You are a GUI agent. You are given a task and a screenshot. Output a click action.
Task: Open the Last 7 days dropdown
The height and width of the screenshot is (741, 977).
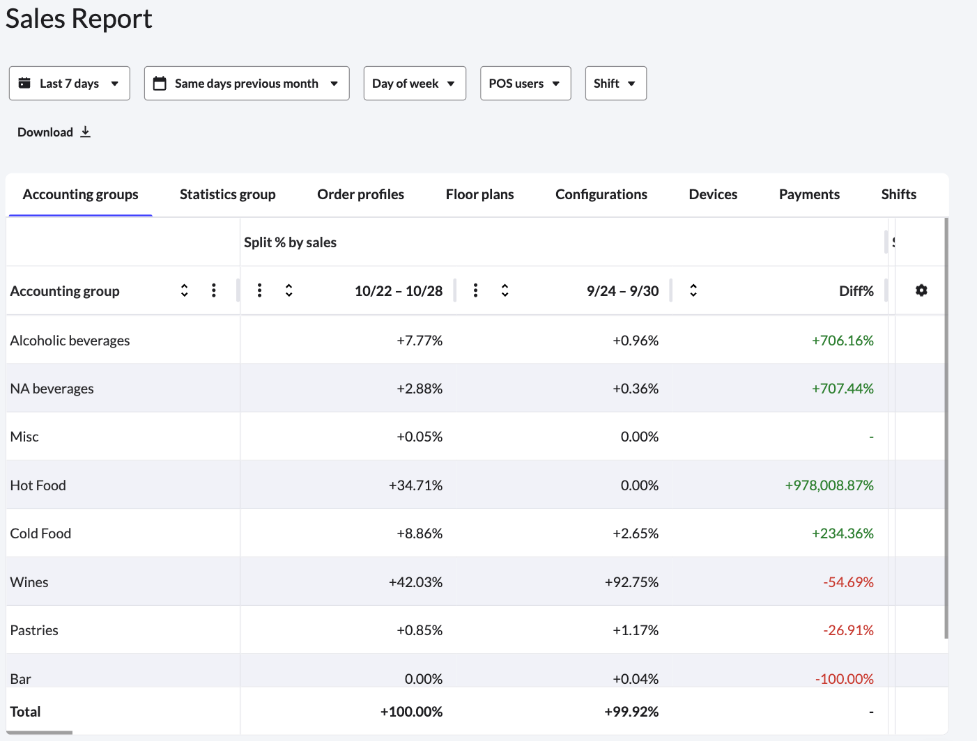point(69,84)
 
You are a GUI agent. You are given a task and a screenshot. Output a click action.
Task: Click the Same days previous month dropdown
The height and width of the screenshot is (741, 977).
point(246,84)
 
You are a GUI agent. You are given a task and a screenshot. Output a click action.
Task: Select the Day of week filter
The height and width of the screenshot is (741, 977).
point(414,84)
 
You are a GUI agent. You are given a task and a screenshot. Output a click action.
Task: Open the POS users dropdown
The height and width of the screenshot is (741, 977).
point(525,84)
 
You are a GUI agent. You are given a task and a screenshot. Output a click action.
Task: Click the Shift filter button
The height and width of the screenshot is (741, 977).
point(615,84)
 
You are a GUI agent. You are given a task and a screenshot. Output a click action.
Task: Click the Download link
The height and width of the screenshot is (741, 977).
point(54,132)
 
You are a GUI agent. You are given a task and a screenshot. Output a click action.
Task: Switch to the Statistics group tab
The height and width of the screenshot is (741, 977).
point(227,194)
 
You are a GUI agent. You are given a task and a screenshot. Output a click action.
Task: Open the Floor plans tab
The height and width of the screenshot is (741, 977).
point(479,194)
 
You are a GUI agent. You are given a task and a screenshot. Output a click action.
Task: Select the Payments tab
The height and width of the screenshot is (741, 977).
point(809,194)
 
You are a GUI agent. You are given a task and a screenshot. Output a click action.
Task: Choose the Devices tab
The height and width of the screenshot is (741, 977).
point(713,194)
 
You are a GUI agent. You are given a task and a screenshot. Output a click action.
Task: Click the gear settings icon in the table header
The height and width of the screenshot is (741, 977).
point(921,290)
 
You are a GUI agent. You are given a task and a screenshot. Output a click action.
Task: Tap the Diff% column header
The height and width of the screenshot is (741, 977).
point(856,291)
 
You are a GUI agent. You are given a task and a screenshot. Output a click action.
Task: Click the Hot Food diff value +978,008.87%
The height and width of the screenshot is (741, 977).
point(829,485)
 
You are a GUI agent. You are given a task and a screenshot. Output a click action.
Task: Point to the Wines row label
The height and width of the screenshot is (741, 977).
point(29,582)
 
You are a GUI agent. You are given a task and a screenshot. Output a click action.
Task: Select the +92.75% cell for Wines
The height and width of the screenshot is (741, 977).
point(631,582)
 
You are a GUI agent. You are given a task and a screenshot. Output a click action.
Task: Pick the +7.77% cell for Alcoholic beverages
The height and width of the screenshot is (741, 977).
point(420,341)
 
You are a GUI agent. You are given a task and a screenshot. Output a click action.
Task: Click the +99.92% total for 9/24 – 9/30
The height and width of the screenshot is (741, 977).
point(631,712)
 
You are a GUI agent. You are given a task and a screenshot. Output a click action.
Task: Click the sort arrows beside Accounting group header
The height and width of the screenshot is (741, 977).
point(185,290)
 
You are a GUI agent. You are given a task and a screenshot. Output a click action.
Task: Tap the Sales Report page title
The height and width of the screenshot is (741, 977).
point(79,19)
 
